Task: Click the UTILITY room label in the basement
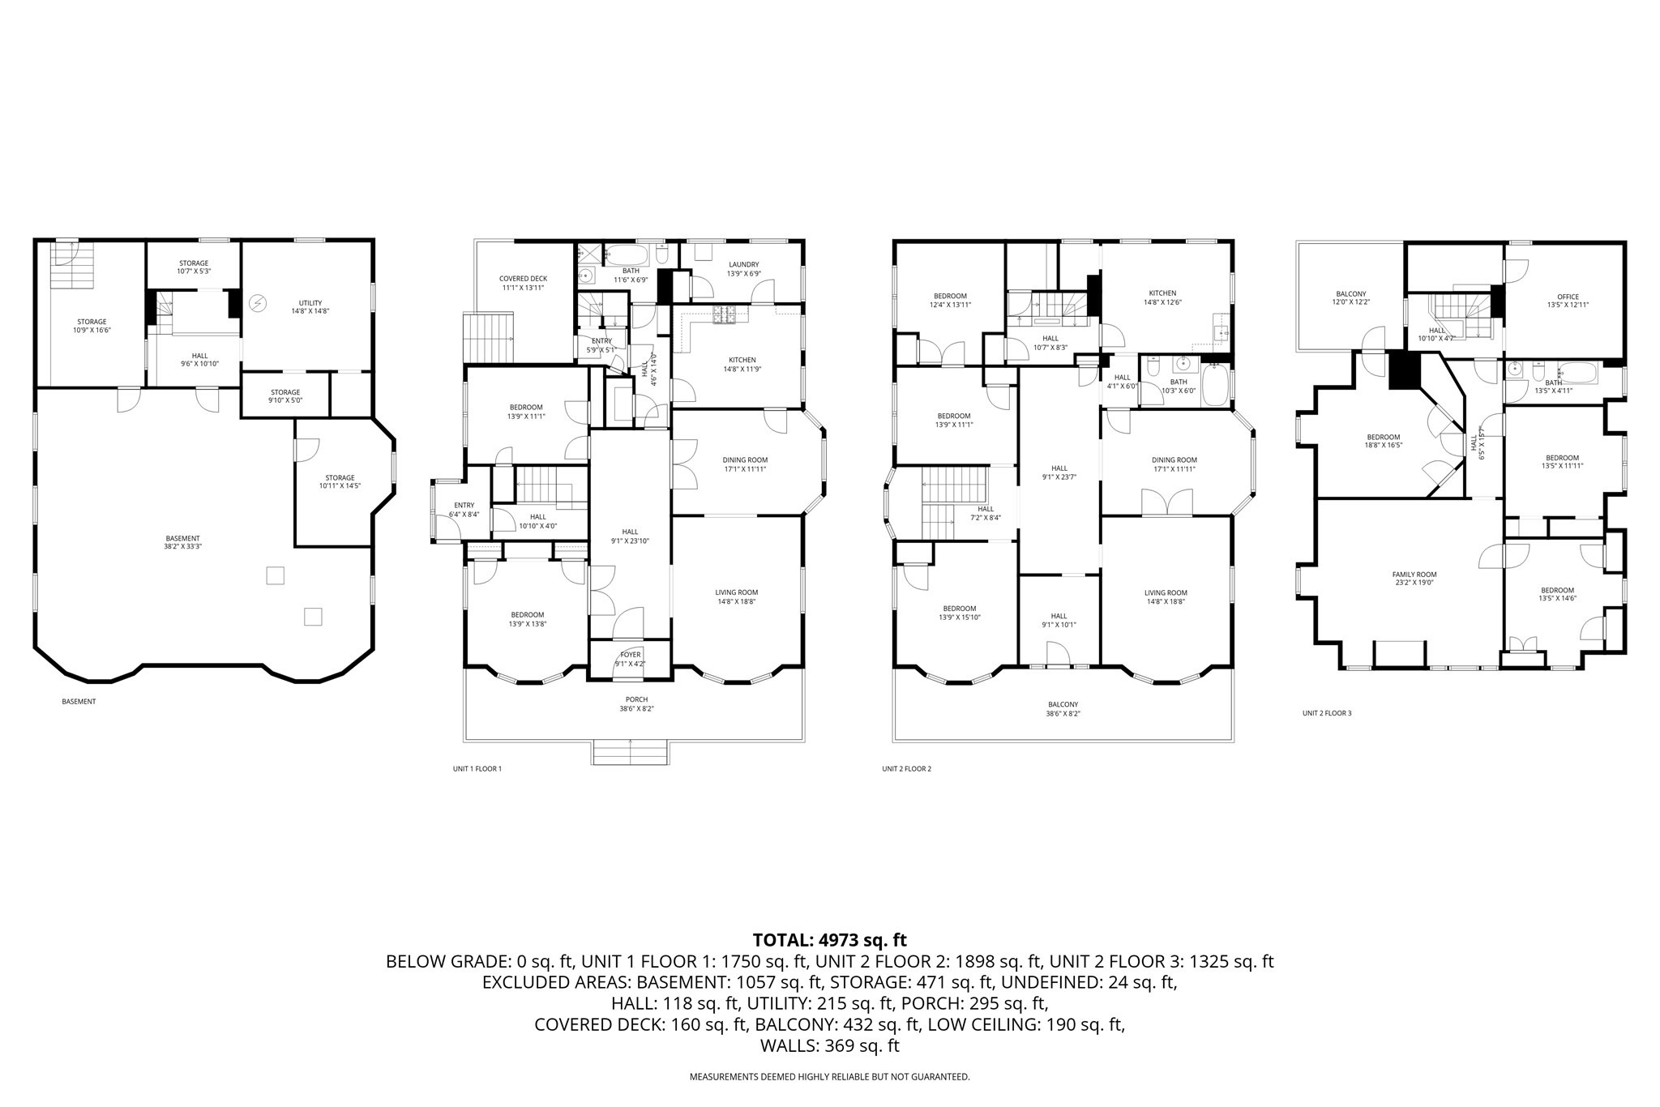coord(310,303)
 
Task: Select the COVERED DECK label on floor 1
coord(523,279)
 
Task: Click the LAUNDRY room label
coord(743,264)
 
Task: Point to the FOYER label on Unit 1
coord(630,655)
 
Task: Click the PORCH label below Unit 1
coord(636,699)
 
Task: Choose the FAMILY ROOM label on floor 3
coord(1414,575)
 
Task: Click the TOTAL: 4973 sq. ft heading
coord(830,940)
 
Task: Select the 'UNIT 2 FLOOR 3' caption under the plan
coord(1327,713)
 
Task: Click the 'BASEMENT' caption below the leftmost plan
coord(79,702)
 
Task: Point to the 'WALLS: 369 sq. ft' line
coord(830,1045)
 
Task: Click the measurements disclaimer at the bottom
coord(829,1077)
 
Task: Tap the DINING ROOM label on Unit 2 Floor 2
coord(1174,460)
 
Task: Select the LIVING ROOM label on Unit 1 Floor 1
coord(737,592)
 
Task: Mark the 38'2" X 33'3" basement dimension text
coord(182,546)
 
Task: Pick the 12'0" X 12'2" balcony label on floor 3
coord(1351,302)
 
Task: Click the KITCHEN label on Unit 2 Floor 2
coord(1162,293)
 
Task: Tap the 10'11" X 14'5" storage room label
coord(340,486)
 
